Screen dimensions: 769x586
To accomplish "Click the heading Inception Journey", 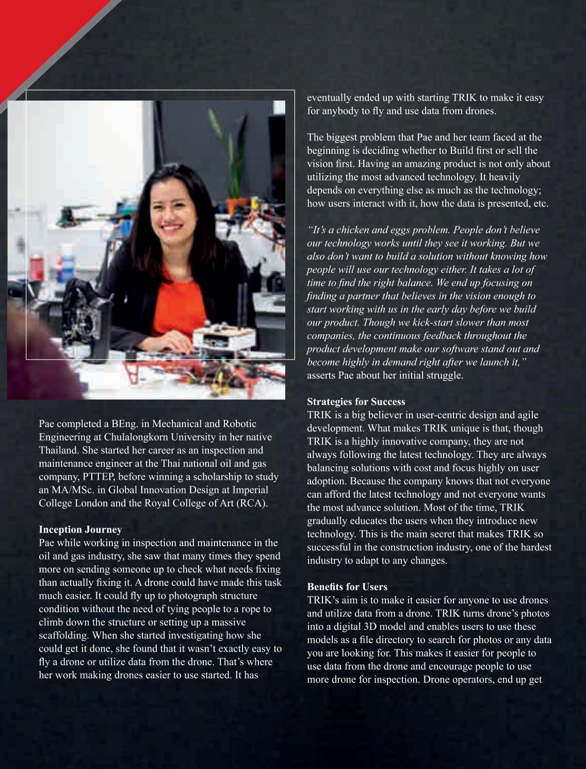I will pyautogui.click(x=80, y=530).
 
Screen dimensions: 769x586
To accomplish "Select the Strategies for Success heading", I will pyautogui.click(x=356, y=402).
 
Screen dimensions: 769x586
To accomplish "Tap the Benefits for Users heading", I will pyautogui.click(x=347, y=587).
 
